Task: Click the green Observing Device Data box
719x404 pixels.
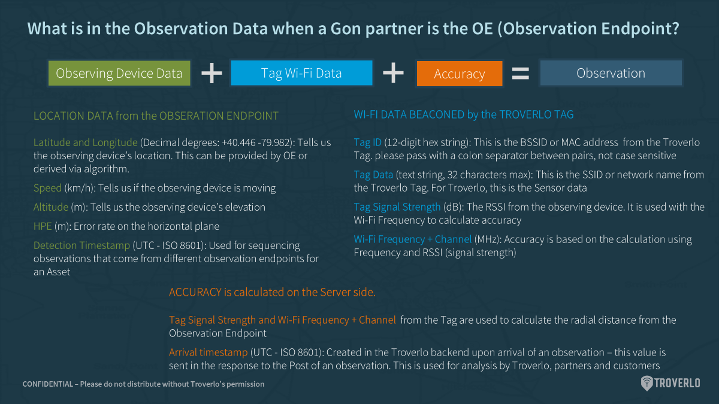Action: click(119, 73)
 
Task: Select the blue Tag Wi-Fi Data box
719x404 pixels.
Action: click(301, 73)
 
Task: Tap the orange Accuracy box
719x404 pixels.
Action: click(460, 74)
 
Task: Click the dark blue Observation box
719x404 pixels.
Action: click(611, 73)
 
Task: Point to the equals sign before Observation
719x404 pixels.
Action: click(520, 74)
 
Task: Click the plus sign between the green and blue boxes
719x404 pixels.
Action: click(212, 73)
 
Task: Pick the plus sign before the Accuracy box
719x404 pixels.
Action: click(393, 73)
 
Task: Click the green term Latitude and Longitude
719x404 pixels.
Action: click(85, 142)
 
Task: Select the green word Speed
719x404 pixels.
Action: click(47, 188)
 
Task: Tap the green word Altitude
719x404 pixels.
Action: click(51, 207)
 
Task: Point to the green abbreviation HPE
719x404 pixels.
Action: click(43, 226)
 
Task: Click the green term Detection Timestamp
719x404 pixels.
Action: click(81, 245)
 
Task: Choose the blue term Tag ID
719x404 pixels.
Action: click(367, 142)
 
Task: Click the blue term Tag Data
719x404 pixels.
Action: click(373, 175)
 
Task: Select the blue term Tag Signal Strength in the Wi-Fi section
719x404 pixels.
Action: click(397, 207)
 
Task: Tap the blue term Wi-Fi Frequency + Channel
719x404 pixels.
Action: click(412, 239)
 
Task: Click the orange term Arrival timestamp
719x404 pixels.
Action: click(209, 353)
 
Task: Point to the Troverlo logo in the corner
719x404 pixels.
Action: click(670, 383)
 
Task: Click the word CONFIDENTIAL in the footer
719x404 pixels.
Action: click(48, 384)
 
